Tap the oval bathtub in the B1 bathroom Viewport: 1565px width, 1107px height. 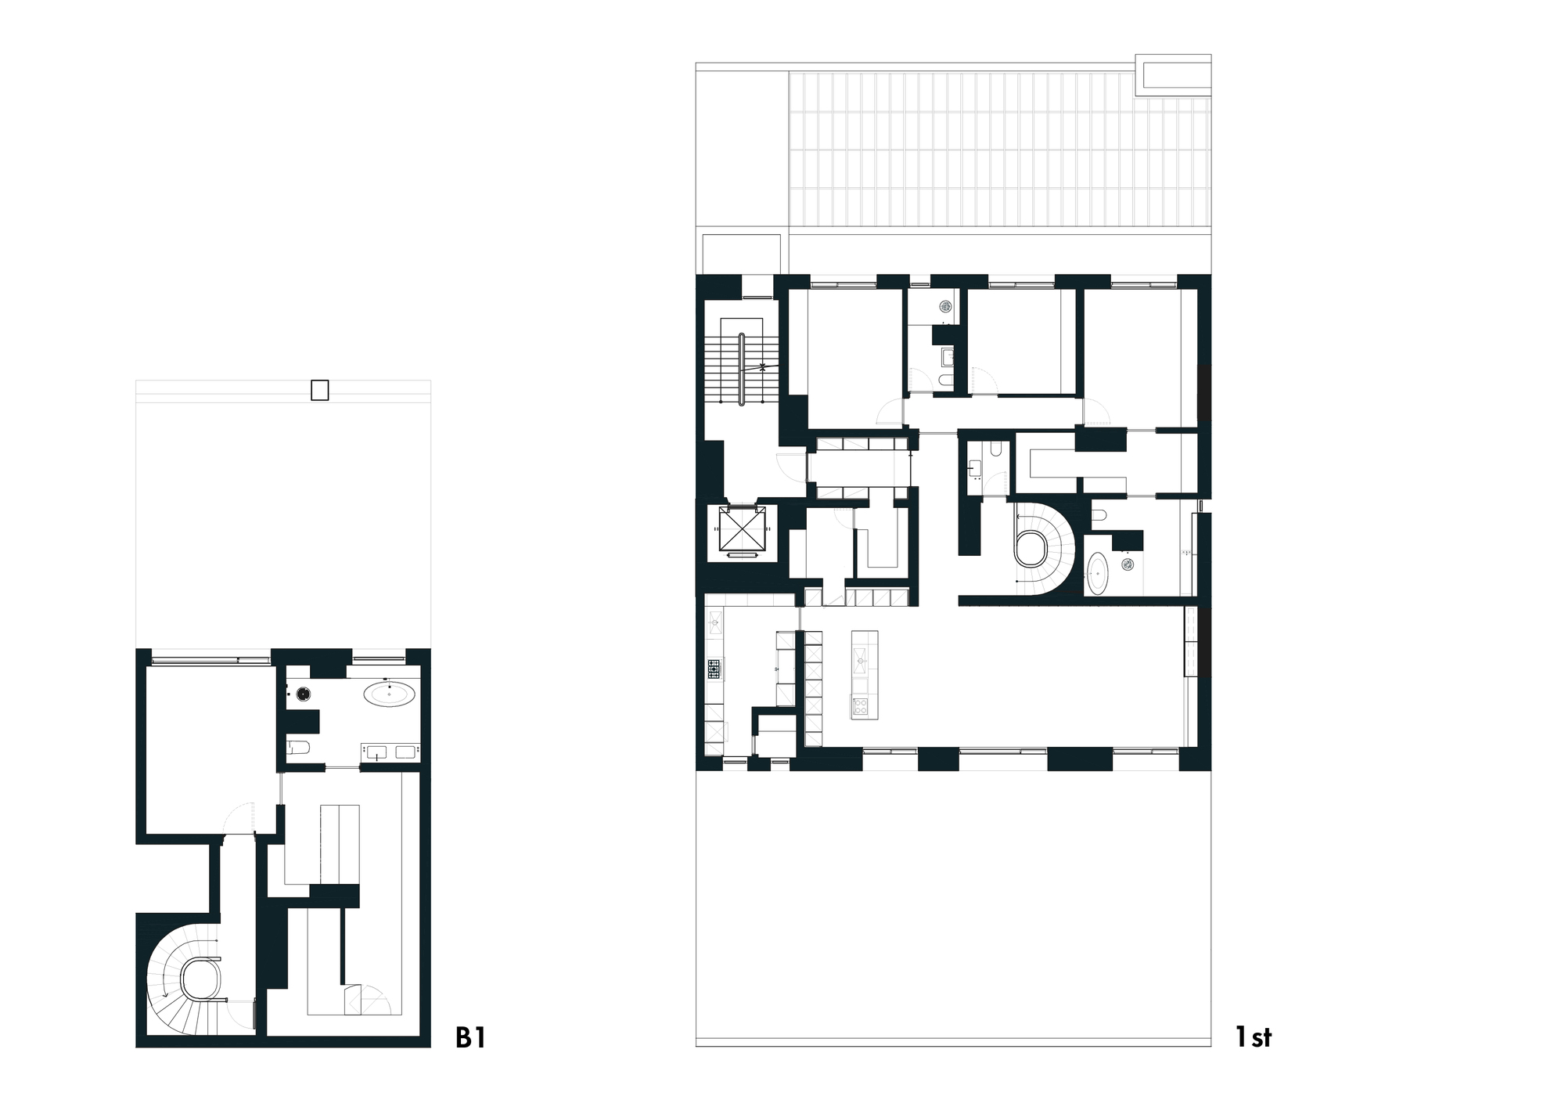point(389,694)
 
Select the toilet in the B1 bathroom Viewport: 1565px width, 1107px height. point(298,747)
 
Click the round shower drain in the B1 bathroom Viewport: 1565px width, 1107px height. point(304,692)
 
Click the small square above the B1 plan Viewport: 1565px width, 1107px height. point(319,390)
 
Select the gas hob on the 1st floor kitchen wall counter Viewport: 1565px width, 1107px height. point(714,669)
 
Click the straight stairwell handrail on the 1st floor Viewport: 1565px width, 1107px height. point(741,370)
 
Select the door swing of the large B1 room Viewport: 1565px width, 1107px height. point(240,819)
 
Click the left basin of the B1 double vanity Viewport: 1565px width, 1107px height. point(376,753)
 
